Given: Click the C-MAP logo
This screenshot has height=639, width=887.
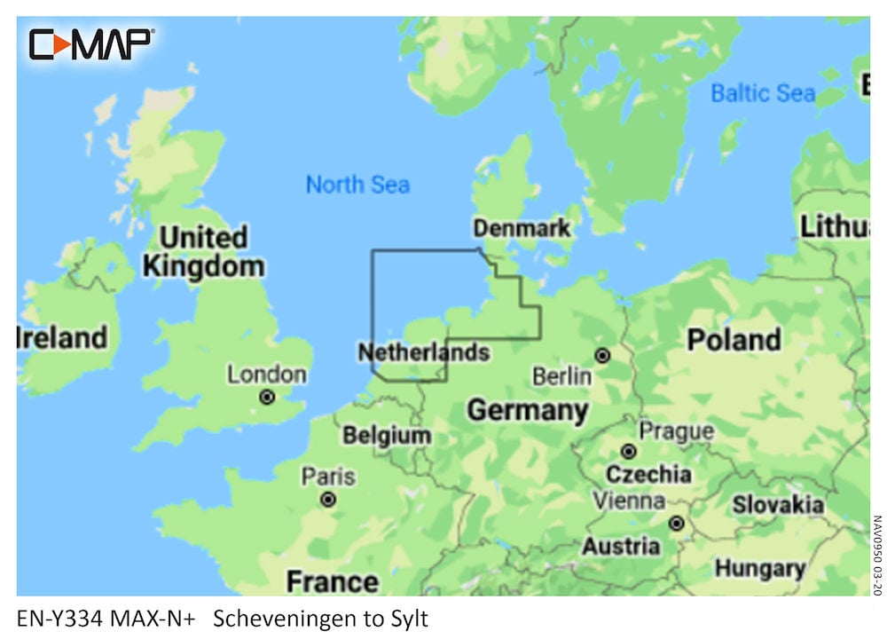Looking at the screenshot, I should coord(91,43).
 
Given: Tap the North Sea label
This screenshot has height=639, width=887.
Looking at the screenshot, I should coord(357,185).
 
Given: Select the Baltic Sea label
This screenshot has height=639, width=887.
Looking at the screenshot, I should coord(763,92).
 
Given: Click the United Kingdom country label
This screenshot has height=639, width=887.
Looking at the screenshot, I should coord(203,252).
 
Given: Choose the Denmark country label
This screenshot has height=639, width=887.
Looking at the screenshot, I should coord(522,228).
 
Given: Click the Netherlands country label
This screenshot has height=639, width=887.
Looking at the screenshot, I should coord(423,352).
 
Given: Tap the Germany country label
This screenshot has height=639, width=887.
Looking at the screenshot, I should coord(527,410).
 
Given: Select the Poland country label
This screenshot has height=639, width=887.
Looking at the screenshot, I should coord(734,339).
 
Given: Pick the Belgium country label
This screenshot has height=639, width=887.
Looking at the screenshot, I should coord(387,436).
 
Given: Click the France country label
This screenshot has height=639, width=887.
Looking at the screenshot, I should coord(332,581).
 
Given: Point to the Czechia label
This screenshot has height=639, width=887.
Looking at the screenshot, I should coord(648,473).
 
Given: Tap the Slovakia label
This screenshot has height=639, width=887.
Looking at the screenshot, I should coord(777,505).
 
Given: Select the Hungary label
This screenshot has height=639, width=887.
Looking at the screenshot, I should coord(760,567).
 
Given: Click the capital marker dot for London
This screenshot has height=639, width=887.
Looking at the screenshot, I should coord(266,398).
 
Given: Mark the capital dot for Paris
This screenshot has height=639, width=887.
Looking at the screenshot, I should coord(328,500).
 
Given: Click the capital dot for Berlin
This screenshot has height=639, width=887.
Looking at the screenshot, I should coord(602,356).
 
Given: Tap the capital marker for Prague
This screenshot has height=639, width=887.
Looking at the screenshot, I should coord(628,451).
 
